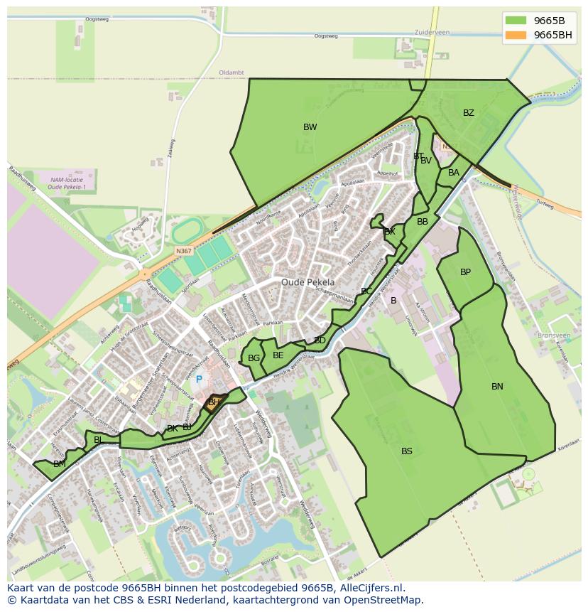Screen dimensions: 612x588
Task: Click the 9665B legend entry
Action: pyautogui.click(x=549, y=21)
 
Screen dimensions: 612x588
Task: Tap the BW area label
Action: pyautogui.click(x=310, y=127)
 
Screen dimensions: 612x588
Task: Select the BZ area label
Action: pyautogui.click(x=468, y=113)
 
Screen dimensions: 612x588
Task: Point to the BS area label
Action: pyautogui.click(x=406, y=451)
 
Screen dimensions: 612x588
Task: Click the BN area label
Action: pyautogui.click(x=497, y=387)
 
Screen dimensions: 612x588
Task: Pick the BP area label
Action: pyautogui.click(x=465, y=272)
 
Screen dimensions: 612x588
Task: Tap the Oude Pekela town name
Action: pyautogui.click(x=307, y=282)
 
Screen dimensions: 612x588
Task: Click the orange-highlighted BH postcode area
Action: pyautogui.click(x=214, y=403)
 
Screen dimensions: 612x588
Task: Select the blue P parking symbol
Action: pyautogui.click(x=199, y=380)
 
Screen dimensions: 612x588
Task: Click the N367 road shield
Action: pyautogui.click(x=183, y=251)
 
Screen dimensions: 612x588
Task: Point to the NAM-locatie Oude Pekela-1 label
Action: pyautogui.click(x=66, y=184)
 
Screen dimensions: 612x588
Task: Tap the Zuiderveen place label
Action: pyautogui.click(x=432, y=33)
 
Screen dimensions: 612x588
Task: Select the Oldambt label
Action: pyautogui.click(x=232, y=73)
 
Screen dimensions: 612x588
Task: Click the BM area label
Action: pyautogui.click(x=60, y=464)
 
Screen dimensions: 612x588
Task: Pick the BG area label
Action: pyautogui.click(x=254, y=358)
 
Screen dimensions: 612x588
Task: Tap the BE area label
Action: pyautogui.click(x=278, y=355)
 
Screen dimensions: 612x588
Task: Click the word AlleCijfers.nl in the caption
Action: pyautogui.click(x=370, y=588)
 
